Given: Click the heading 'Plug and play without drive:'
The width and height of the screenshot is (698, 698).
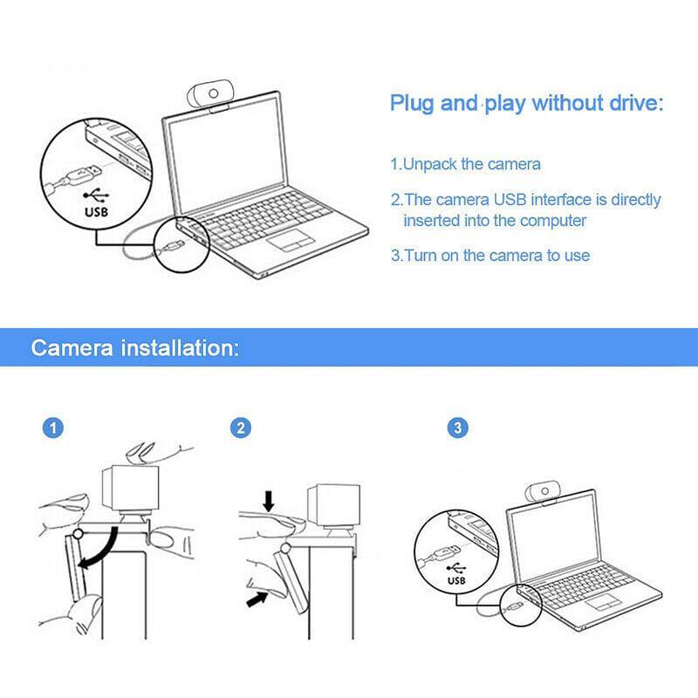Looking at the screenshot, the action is click(x=526, y=105).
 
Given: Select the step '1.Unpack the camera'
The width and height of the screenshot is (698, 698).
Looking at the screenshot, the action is click(x=465, y=164).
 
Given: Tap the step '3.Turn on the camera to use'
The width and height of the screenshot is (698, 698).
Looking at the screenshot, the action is click(x=489, y=256).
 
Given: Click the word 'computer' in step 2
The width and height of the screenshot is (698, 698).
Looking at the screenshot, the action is click(x=554, y=221).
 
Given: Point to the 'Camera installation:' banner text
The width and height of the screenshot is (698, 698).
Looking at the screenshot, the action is click(x=134, y=349).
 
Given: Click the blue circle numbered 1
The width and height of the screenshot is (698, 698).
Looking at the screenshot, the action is click(x=54, y=428).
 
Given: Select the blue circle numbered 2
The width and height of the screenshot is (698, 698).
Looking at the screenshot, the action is click(x=242, y=428).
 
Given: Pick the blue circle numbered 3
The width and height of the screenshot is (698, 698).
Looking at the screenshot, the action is click(x=457, y=428).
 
